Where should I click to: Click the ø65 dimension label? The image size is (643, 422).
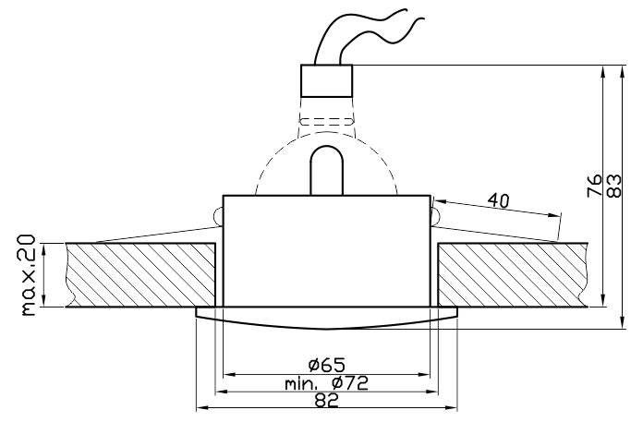[326, 364]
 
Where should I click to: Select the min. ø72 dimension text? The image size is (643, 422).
[326, 383]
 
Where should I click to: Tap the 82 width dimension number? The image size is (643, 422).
[327, 400]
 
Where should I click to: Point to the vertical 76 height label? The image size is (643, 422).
[594, 186]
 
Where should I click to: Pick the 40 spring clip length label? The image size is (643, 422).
[499, 200]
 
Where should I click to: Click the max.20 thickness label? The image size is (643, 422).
[29, 275]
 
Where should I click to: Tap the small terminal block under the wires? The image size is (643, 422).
[326, 80]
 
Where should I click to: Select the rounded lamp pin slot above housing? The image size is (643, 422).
[326, 170]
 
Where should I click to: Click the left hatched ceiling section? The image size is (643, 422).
[140, 275]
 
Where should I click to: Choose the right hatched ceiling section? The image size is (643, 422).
[513, 275]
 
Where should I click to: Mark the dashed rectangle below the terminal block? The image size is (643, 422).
[326, 122]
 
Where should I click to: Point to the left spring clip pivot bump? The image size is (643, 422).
[219, 216]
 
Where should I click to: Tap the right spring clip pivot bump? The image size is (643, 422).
[435, 215]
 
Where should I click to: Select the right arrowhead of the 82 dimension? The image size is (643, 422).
[452, 408]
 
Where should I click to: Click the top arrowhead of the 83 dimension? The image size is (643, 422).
[623, 71]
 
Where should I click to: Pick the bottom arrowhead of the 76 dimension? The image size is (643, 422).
[602, 300]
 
